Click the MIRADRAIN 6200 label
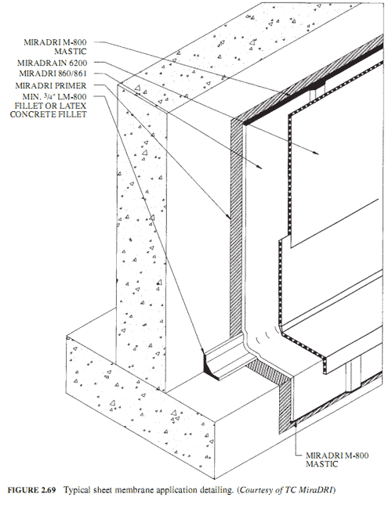point(52,63)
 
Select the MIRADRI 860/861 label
point(53,74)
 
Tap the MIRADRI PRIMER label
point(51,86)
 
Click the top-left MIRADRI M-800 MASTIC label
point(55,47)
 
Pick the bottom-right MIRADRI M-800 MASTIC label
point(337,460)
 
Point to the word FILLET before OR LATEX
point(27,106)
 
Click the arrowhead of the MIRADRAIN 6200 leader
point(316,153)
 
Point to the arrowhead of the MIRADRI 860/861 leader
point(260,167)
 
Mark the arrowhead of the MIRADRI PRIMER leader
point(229,217)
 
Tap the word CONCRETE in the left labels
point(30,114)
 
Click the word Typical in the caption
point(75,490)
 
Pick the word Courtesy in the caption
point(256,490)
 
